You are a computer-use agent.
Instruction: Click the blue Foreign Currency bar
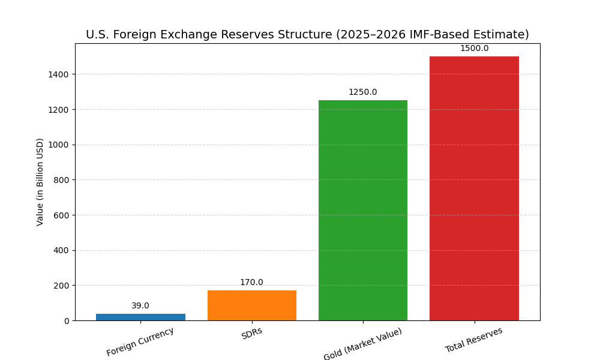(x=140, y=317)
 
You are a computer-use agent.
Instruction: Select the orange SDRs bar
(x=252, y=305)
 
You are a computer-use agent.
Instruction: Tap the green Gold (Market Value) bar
(x=363, y=210)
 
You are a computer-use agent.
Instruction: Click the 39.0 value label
(x=140, y=306)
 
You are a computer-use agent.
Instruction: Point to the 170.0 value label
(x=251, y=283)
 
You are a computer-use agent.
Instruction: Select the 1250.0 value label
(x=363, y=92)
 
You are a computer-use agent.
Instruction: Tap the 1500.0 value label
(x=474, y=49)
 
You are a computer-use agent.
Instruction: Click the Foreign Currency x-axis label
(x=140, y=341)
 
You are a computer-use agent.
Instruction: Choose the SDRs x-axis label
(x=252, y=334)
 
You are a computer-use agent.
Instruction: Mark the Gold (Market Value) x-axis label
(x=363, y=344)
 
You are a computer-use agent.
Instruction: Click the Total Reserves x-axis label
(x=474, y=340)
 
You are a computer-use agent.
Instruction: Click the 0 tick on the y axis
(x=67, y=321)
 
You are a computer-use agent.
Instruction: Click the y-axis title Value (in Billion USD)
(x=40, y=182)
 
